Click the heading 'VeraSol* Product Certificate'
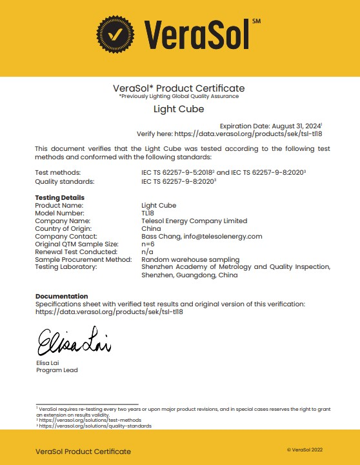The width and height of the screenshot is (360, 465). [x=179, y=88]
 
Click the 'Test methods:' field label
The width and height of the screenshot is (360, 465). [x=57, y=173]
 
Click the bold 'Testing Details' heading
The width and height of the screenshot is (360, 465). [x=59, y=197]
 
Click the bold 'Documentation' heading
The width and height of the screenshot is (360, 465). [x=61, y=296]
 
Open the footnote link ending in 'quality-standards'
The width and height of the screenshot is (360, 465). [x=95, y=426]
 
